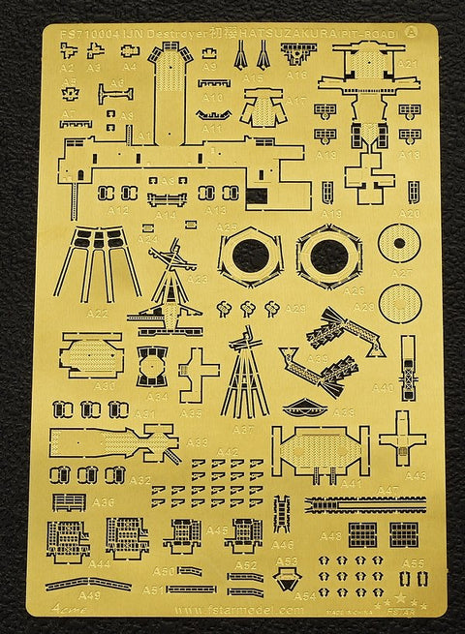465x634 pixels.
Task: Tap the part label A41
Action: [x=350, y=482]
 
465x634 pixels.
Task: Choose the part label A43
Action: [x=415, y=475]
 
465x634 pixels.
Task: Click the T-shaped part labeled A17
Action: [x=261, y=106]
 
